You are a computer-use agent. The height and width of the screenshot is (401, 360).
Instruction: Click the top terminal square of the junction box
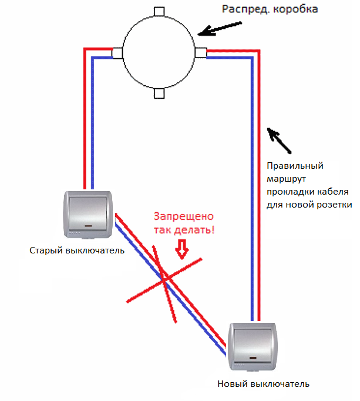pyautogui.click(x=159, y=12)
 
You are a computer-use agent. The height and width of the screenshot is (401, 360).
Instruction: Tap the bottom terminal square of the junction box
pyautogui.click(x=159, y=93)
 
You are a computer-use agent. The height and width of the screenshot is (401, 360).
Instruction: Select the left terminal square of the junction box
pyautogui.click(x=117, y=53)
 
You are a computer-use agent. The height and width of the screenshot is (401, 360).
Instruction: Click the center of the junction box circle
pyautogui.click(x=159, y=53)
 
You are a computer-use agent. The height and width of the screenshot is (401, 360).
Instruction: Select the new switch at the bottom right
pyautogui.click(x=254, y=346)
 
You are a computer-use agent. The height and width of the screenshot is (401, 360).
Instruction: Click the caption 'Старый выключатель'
pyautogui.click(x=77, y=251)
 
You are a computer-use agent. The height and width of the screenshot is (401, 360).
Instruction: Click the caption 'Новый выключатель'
pyautogui.click(x=263, y=384)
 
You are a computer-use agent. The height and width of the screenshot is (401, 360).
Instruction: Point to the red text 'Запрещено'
pyautogui.click(x=182, y=216)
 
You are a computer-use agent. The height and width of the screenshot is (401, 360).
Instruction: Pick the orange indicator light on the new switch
pyautogui.click(x=254, y=358)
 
